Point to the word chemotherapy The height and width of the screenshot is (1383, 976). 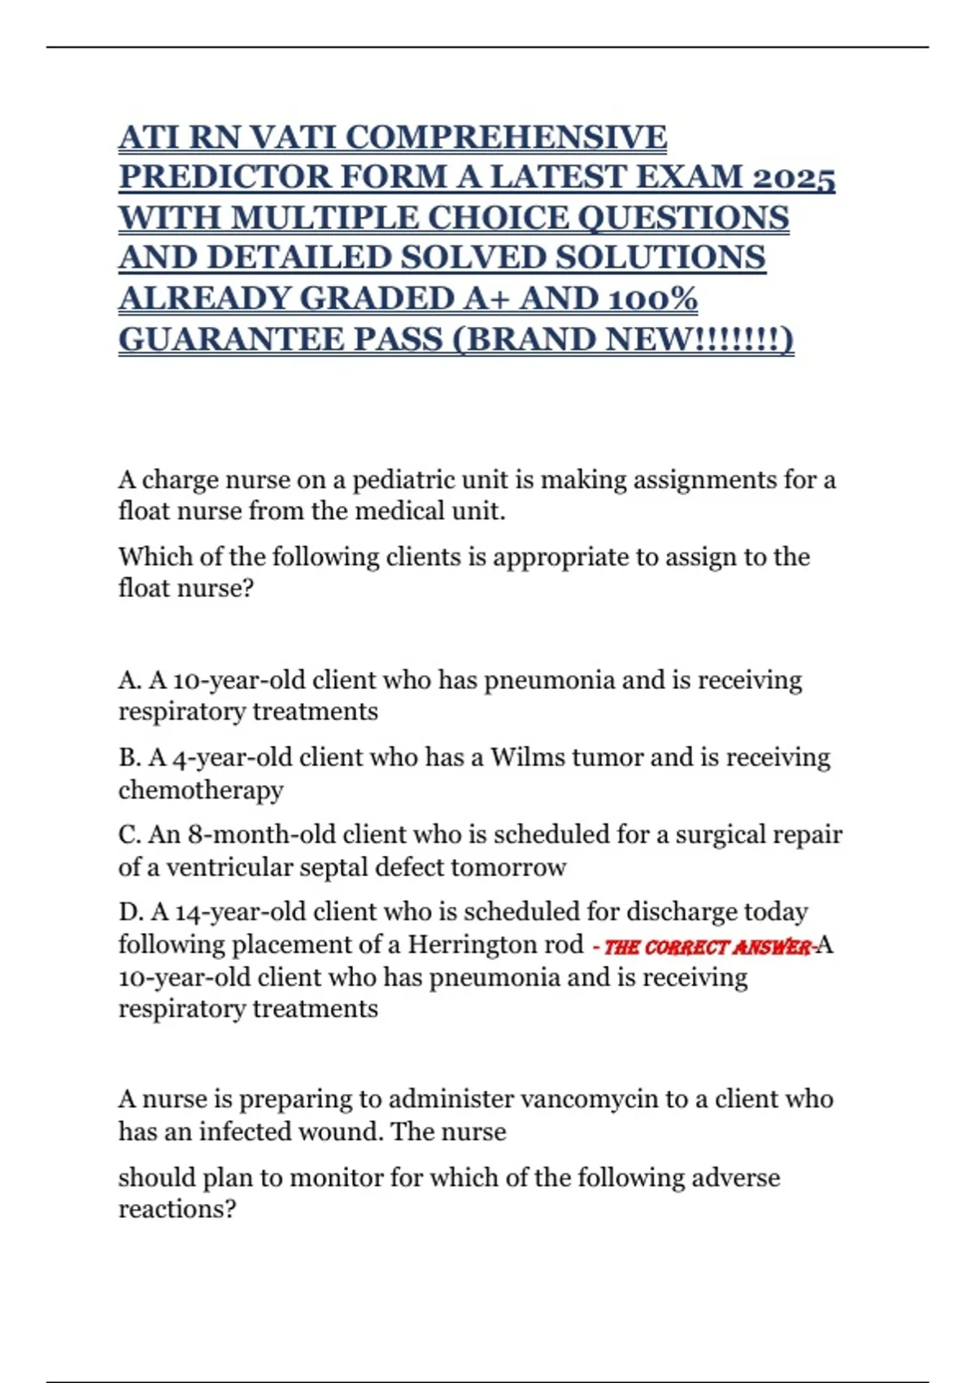(201, 790)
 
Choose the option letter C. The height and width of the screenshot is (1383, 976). (129, 835)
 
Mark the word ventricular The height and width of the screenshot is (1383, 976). (230, 867)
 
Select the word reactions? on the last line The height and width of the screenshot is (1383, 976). (177, 1209)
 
